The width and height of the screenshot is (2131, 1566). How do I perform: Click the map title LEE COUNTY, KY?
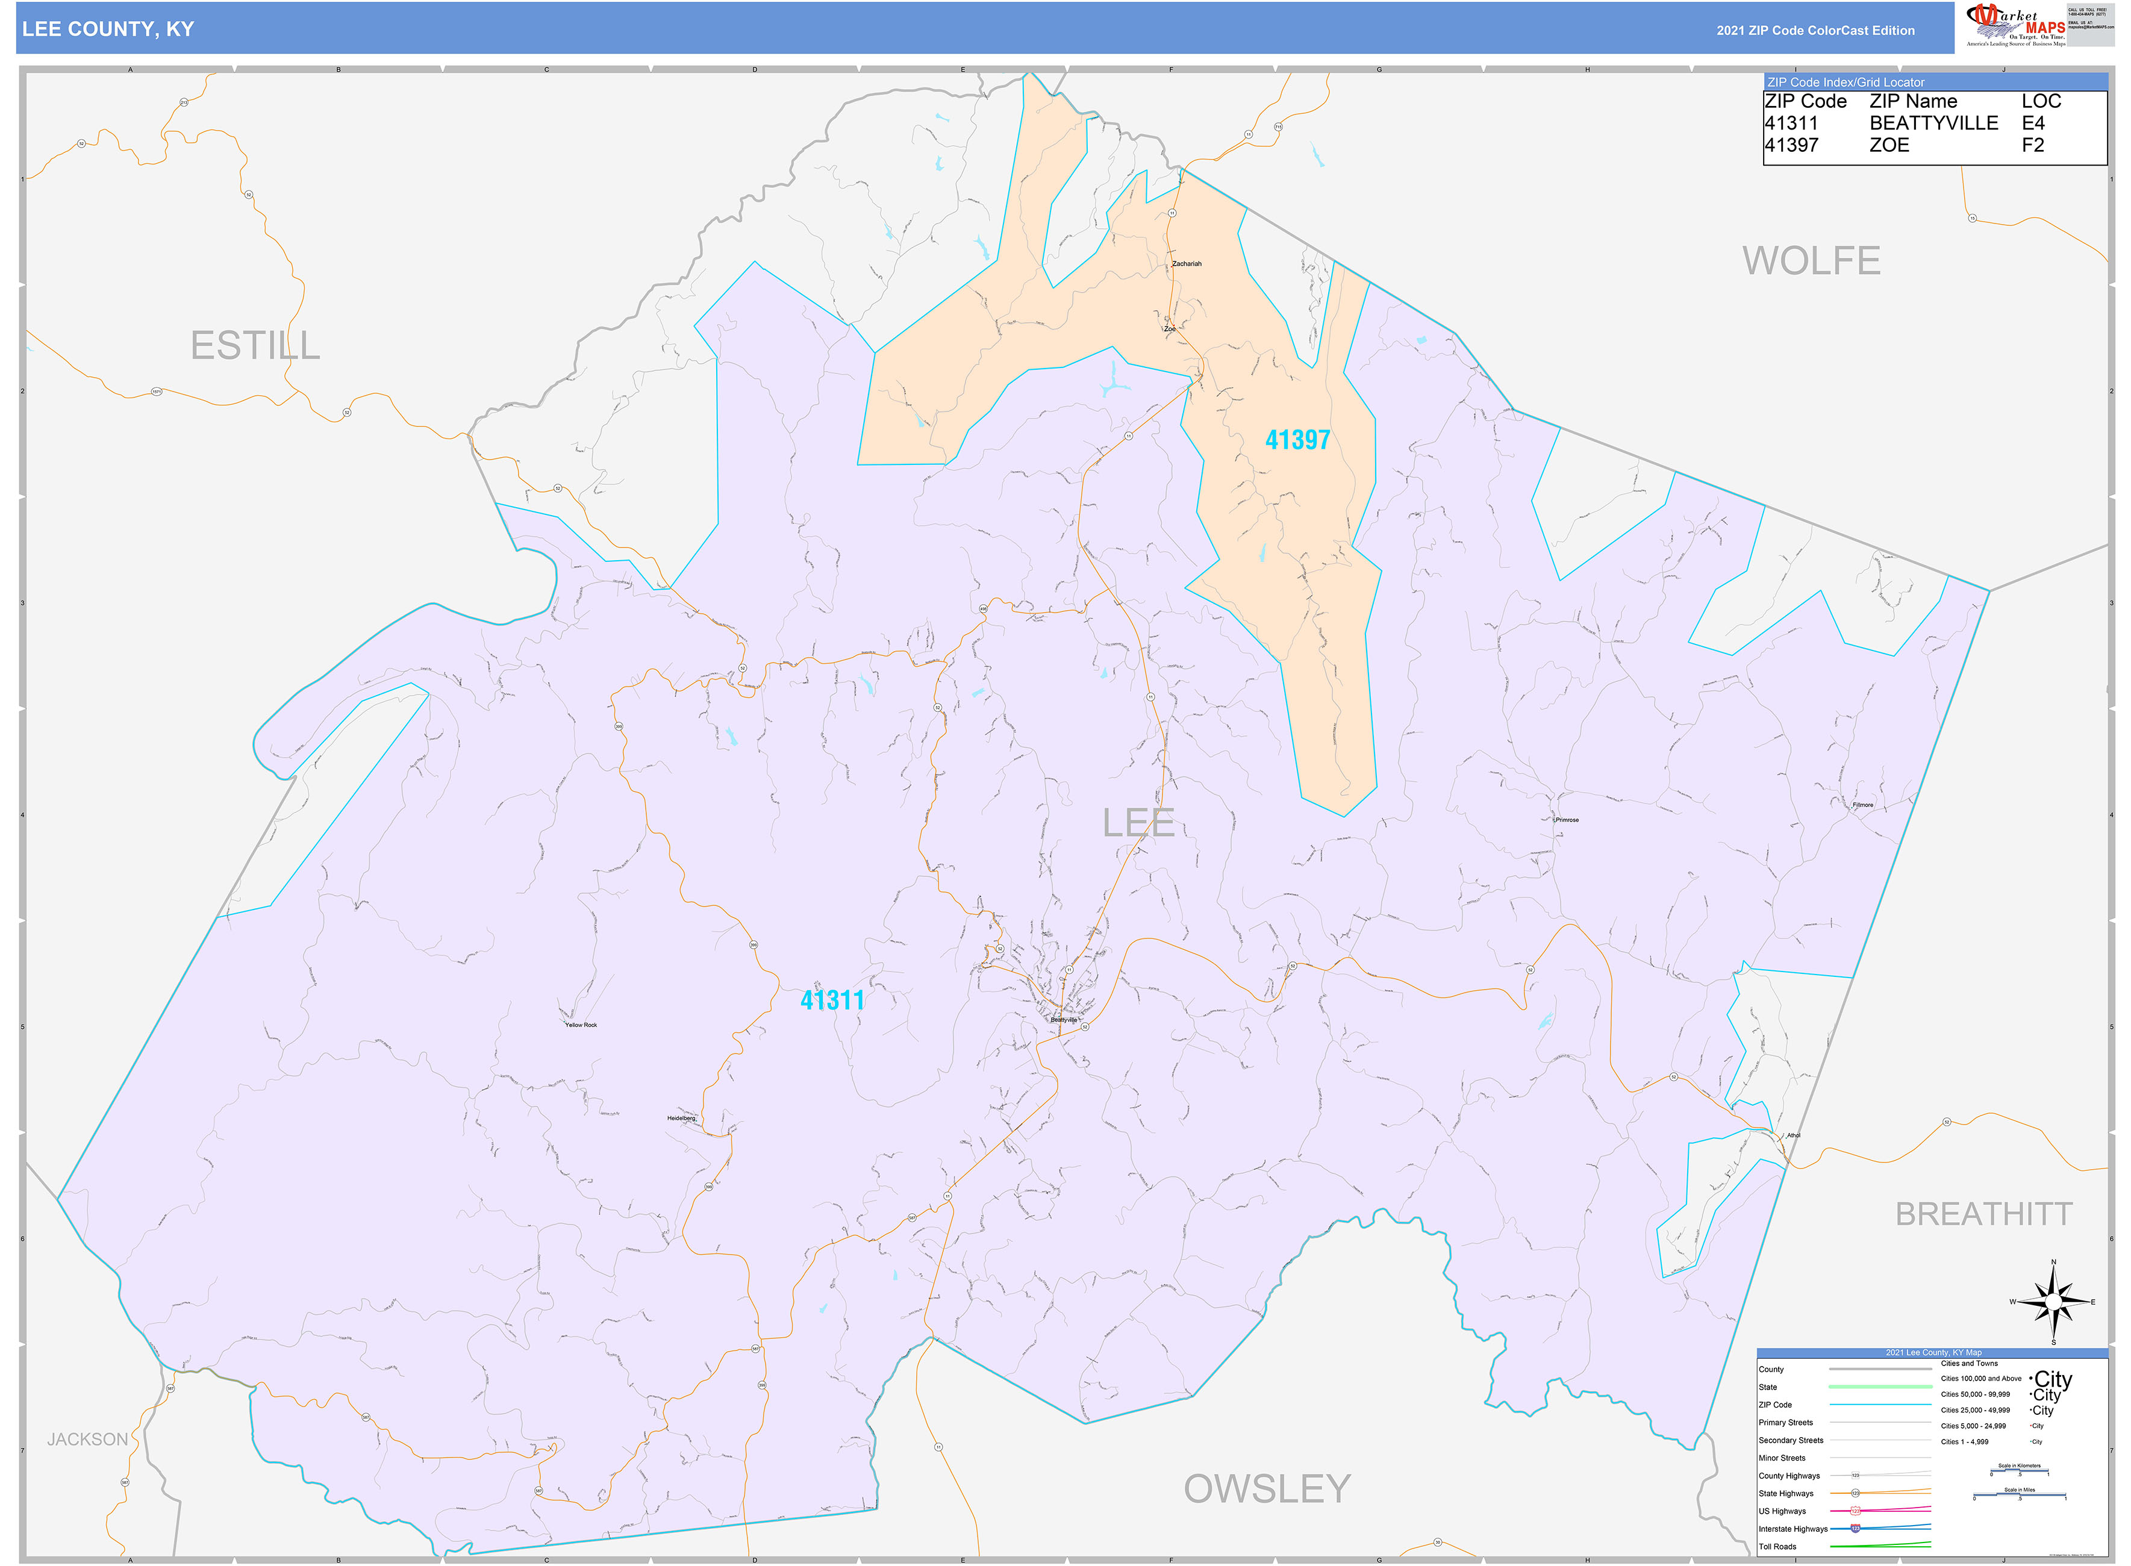pos(107,30)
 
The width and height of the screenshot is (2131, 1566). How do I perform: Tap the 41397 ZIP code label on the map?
pos(1297,440)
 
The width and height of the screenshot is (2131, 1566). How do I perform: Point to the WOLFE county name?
pos(1811,261)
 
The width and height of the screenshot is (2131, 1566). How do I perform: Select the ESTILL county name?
pos(255,345)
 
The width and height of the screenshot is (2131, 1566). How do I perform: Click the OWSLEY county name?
pos(1267,1488)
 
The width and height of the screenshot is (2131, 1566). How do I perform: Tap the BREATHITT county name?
pos(1983,1214)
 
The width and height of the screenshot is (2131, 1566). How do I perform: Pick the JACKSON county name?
pos(87,1439)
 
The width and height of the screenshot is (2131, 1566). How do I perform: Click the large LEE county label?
pos(1138,823)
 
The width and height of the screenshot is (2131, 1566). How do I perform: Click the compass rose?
pos(2053,1302)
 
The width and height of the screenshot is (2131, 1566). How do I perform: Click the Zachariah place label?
pos(1186,264)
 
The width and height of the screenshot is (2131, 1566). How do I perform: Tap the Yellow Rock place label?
pos(581,1025)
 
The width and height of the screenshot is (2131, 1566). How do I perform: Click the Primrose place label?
pos(1567,820)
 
